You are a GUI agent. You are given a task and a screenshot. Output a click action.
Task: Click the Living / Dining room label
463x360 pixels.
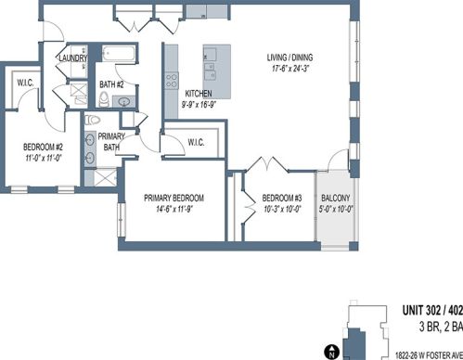coord(289,58)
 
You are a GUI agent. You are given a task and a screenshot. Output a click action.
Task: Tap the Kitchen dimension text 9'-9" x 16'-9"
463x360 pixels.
coord(199,105)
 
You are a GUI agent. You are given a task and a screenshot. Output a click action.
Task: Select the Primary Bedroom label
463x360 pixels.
coord(174,198)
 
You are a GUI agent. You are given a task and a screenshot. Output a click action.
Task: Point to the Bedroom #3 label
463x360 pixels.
coord(282,198)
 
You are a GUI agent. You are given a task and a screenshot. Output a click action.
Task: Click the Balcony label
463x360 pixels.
coord(336,198)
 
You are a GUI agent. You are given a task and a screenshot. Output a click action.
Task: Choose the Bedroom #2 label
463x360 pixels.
coord(43,147)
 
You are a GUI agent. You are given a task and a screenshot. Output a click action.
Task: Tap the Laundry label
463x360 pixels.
coord(73,58)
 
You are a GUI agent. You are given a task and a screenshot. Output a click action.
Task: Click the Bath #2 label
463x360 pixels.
coord(111,84)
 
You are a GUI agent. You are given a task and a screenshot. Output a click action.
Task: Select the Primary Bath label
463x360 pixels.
coord(111,141)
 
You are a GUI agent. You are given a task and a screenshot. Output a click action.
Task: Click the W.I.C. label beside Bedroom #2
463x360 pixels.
coord(25,83)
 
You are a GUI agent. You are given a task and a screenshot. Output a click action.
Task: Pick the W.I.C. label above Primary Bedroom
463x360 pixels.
coord(196,143)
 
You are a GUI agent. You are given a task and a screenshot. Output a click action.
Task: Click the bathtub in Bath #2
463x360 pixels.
coord(118,54)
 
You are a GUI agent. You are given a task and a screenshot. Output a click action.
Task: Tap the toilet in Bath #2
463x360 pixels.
coord(104,99)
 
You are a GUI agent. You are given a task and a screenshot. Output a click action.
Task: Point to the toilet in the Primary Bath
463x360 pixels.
coord(93,120)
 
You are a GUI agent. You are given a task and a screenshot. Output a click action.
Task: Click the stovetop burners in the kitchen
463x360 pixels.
coord(172,80)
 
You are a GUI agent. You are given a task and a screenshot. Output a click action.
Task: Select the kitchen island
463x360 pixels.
coord(217,71)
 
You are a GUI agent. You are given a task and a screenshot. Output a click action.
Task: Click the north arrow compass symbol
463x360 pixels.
coord(331,352)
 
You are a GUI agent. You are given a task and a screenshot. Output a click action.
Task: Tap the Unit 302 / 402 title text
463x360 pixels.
coord(432,310)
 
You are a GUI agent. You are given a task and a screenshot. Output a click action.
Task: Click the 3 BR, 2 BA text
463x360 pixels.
coord(441,327)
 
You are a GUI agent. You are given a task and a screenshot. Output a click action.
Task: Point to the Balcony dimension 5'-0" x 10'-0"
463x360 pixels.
coord(336,210)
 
